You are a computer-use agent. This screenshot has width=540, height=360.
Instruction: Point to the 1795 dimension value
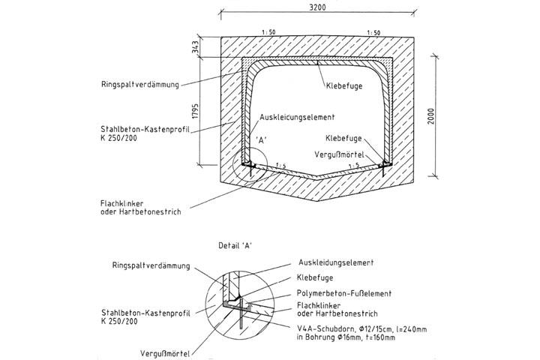point(193,113)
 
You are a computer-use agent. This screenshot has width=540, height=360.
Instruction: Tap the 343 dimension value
point(193,47)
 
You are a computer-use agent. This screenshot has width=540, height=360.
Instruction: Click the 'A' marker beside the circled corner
point(262,139)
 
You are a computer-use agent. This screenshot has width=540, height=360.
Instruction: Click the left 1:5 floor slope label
point(280,165)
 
